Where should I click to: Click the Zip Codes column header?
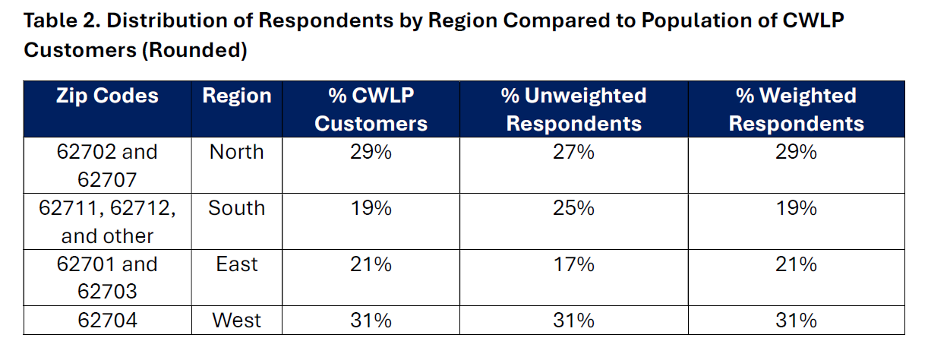click(107, 96)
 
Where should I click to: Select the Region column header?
click(237, 96)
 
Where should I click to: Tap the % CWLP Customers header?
click(371, 109)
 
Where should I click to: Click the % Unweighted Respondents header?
click(573, 109)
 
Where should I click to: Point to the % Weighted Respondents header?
click(796, 109)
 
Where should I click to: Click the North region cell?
click(237, 152)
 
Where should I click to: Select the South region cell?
click(237, 208)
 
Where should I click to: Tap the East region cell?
click(237, 264)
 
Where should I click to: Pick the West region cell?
click(237, 321)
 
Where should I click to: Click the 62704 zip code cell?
click(107, 321)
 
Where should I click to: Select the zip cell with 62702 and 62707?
click(107, 166)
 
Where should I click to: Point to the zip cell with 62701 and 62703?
click(107, 278)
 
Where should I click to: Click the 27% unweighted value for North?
click(573, 152)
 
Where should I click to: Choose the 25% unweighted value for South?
click(573, 208)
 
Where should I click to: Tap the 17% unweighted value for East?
click(573, 264)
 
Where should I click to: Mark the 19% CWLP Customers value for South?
click(371, 208)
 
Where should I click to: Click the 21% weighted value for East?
click(796, 264)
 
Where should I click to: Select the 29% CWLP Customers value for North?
click(371, 152)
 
